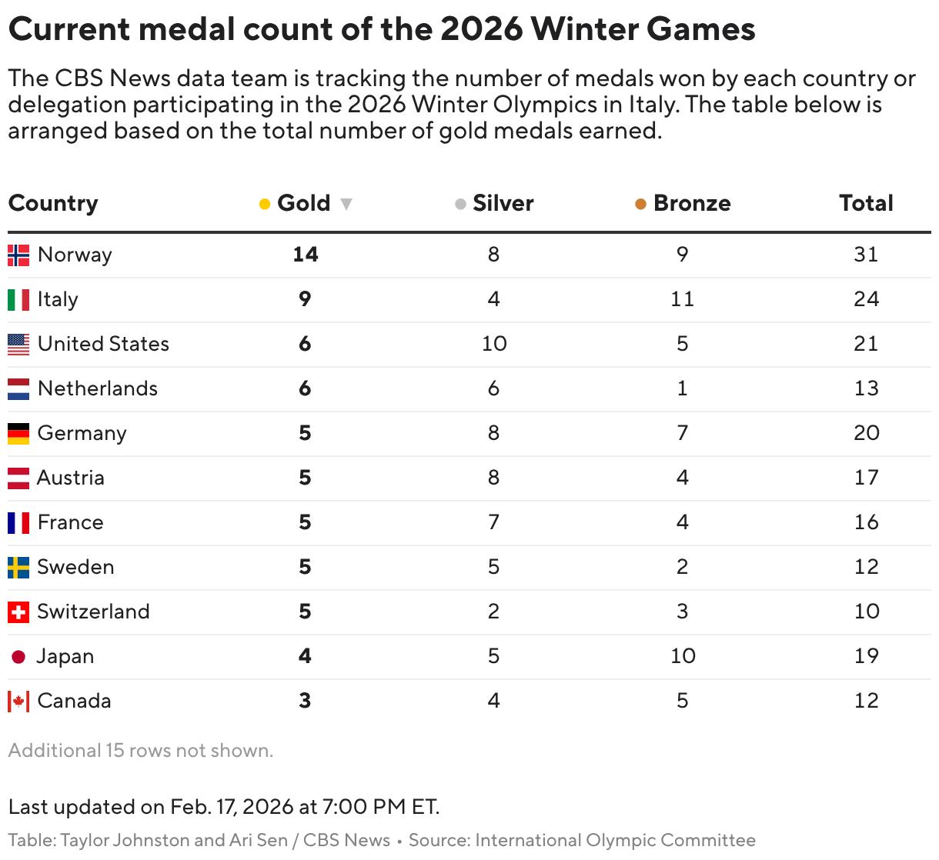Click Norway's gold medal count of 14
click(305, 255)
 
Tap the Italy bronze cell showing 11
click(682, 299)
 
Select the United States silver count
click(494, 344)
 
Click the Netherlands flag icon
click(18, 388)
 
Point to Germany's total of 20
click(866, 433)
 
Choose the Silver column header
click(503, 203)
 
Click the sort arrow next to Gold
click(346, 204)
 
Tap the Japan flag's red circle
click(18, 657)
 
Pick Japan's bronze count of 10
click(683, 656)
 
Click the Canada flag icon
click(18, 702)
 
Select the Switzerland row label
click(93, 612)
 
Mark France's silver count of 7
click(494, 522)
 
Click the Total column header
click(866, 203)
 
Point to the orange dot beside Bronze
click(640, 204)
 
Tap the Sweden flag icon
click(18, 568)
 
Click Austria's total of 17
click(866, 478)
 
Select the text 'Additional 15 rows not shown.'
click(141, 750)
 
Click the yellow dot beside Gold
click(265, 204)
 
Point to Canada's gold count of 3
click(305, 701)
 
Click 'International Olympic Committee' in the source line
click(615, 840)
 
